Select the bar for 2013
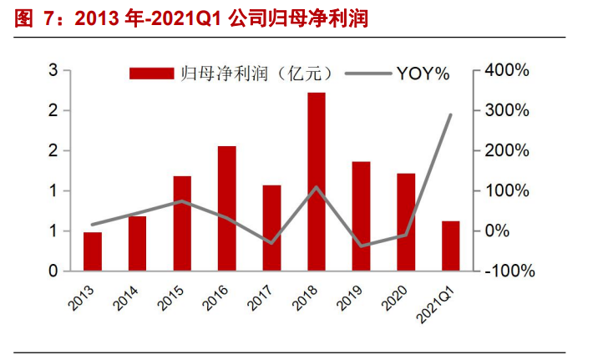pos(93,251)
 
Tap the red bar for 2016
pos(227,208)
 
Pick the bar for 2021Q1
pos(451,246)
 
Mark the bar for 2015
pos(182,223)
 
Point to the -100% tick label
pos(506,271)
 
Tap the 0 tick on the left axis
pos(52,271)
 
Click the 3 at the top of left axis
pos(52,71)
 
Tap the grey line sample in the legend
pos(368,74)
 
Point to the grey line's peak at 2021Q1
pos(451,114)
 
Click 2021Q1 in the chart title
pos(167,18)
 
